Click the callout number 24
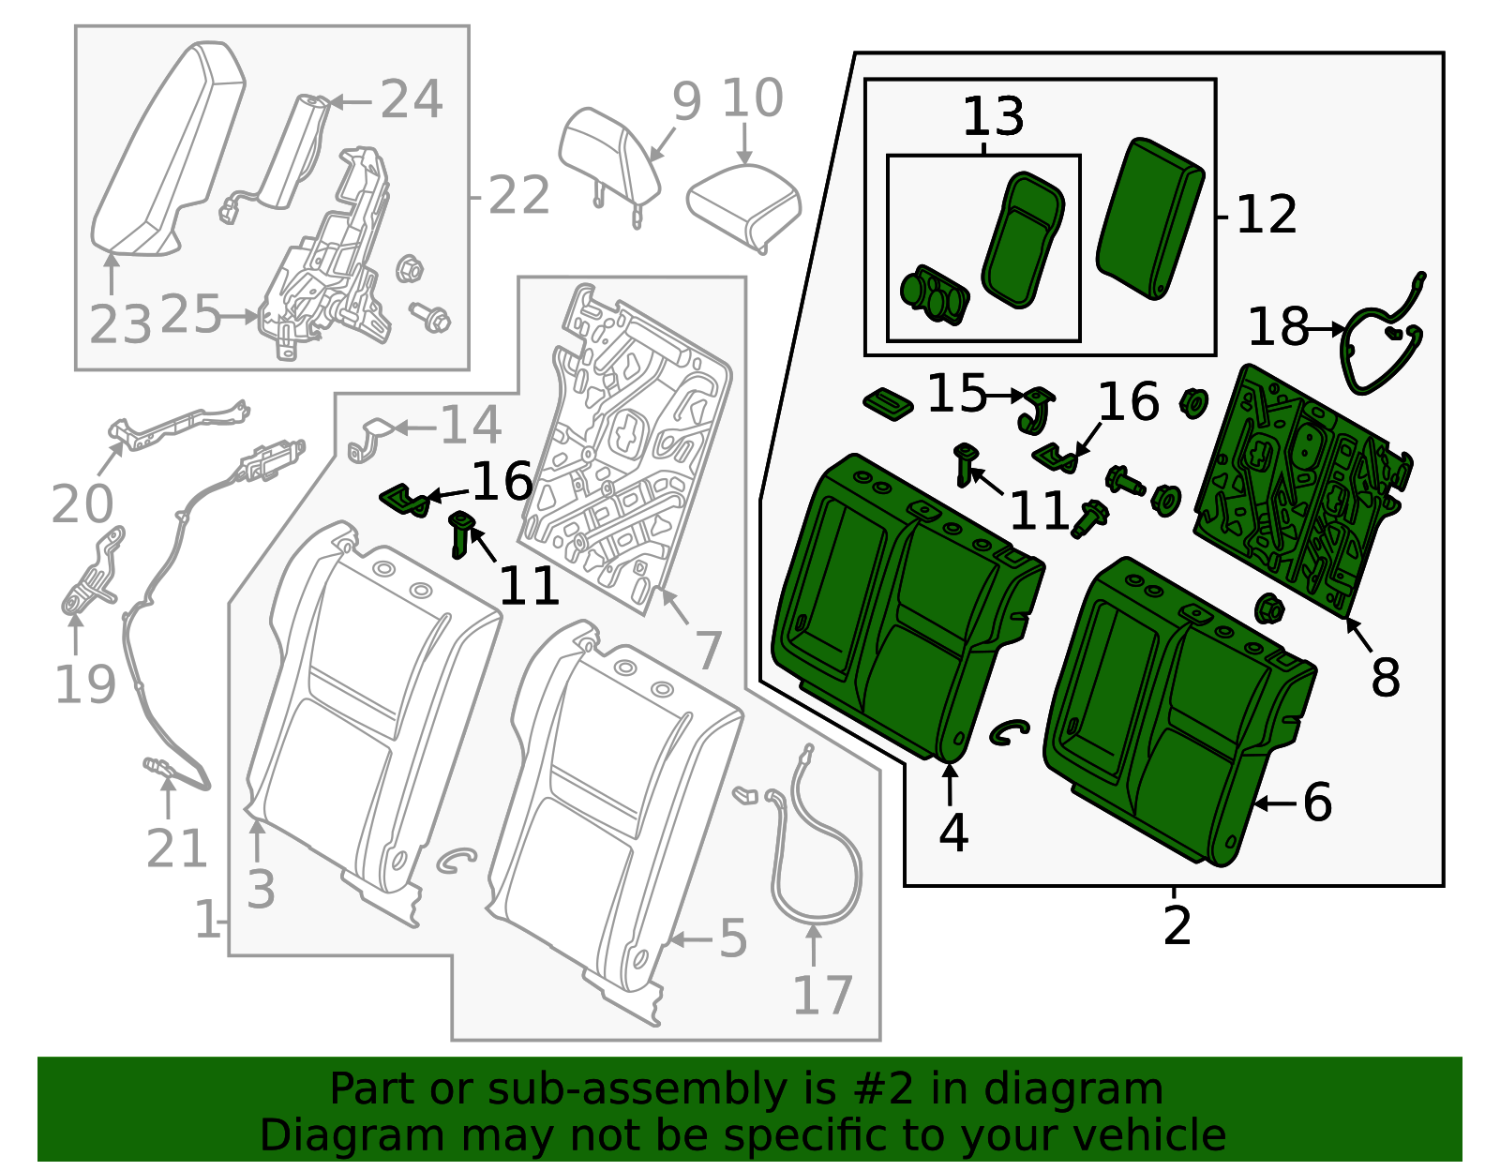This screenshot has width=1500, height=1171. (x=411, y=99)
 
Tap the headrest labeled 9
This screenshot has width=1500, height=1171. (x=607, y=155)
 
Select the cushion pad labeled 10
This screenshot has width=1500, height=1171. (x=743, y=203)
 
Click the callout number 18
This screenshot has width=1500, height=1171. (x=1278, y=328)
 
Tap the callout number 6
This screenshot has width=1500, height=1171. (x=1317, y=803)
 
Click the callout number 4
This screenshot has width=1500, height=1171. (x=952, y=833)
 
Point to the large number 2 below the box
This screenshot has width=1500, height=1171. (x=1177, y=925)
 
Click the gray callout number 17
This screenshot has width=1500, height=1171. (x=822, y=996)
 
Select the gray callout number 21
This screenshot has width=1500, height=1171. (x=176, y=849)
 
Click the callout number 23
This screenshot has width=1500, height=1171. (x=120, y=324)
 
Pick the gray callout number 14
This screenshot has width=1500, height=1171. (x=471, y=426)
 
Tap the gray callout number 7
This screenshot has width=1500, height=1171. (x=708, y=649)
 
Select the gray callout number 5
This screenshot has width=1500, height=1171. (x=733, y=938)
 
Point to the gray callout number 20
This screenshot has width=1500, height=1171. (x=82, y=504)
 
